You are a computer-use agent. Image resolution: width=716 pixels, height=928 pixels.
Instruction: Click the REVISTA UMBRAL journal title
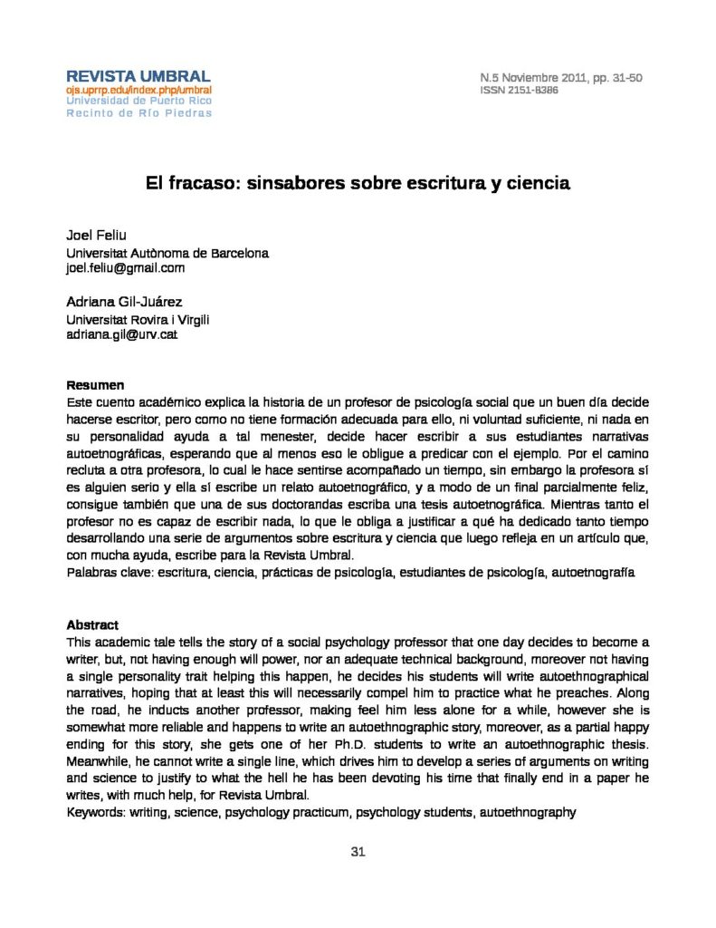(138, 76)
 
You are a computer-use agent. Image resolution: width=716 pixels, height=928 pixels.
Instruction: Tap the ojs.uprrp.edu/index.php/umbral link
(138, 91)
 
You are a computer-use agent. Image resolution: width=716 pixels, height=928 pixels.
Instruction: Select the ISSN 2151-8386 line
(519, 91)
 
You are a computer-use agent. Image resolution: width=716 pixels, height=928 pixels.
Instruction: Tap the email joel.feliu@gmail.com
(125, 268)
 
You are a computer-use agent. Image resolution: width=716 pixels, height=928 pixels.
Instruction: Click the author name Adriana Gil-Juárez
(125, 302)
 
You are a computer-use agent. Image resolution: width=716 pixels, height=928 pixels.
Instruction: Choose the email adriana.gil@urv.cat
(121, 334)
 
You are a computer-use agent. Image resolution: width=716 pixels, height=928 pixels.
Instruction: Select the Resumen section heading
(95, 385)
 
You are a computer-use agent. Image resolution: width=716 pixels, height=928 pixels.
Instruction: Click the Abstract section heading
(92, 625)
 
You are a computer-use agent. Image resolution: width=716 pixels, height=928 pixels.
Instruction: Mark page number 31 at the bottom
(358, 852)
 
